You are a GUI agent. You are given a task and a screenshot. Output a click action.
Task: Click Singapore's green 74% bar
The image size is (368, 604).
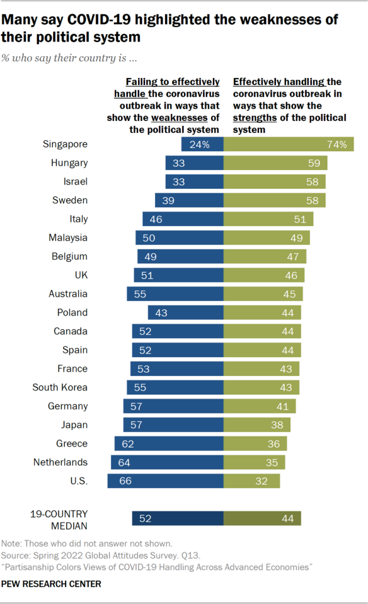tap(288, 144)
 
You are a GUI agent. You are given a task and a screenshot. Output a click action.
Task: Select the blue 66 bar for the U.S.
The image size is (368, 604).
tap(165, 481)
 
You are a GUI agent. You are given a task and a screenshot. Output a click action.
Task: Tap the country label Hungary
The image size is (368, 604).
tap(70, 163)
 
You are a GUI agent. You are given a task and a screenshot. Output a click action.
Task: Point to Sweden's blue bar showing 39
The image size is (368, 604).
tap(189, 200)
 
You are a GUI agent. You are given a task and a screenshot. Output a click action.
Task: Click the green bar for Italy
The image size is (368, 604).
tap(268, 219)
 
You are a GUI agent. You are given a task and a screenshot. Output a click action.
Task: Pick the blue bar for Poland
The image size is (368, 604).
tap(185, 312)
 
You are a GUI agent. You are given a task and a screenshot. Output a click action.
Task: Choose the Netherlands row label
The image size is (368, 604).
tap(61, 462)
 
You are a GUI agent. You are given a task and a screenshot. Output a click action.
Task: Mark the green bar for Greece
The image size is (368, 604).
tap(255, 443)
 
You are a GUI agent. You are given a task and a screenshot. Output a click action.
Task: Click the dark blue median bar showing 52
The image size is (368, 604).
tap(178, 518)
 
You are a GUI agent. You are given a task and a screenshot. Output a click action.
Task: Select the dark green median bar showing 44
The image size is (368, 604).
tap(262, 518)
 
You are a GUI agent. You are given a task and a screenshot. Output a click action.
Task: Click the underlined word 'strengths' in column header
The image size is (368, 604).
tap(255, 117)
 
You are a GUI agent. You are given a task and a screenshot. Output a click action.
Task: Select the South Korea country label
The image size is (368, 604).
tap(60, 387)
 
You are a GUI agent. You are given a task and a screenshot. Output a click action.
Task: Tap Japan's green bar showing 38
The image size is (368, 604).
tap(257, 425)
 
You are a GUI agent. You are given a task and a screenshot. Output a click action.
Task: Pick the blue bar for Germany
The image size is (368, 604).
tap(173, 406)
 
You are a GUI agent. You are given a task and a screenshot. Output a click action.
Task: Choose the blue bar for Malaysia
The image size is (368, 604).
tap(179, 238)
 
